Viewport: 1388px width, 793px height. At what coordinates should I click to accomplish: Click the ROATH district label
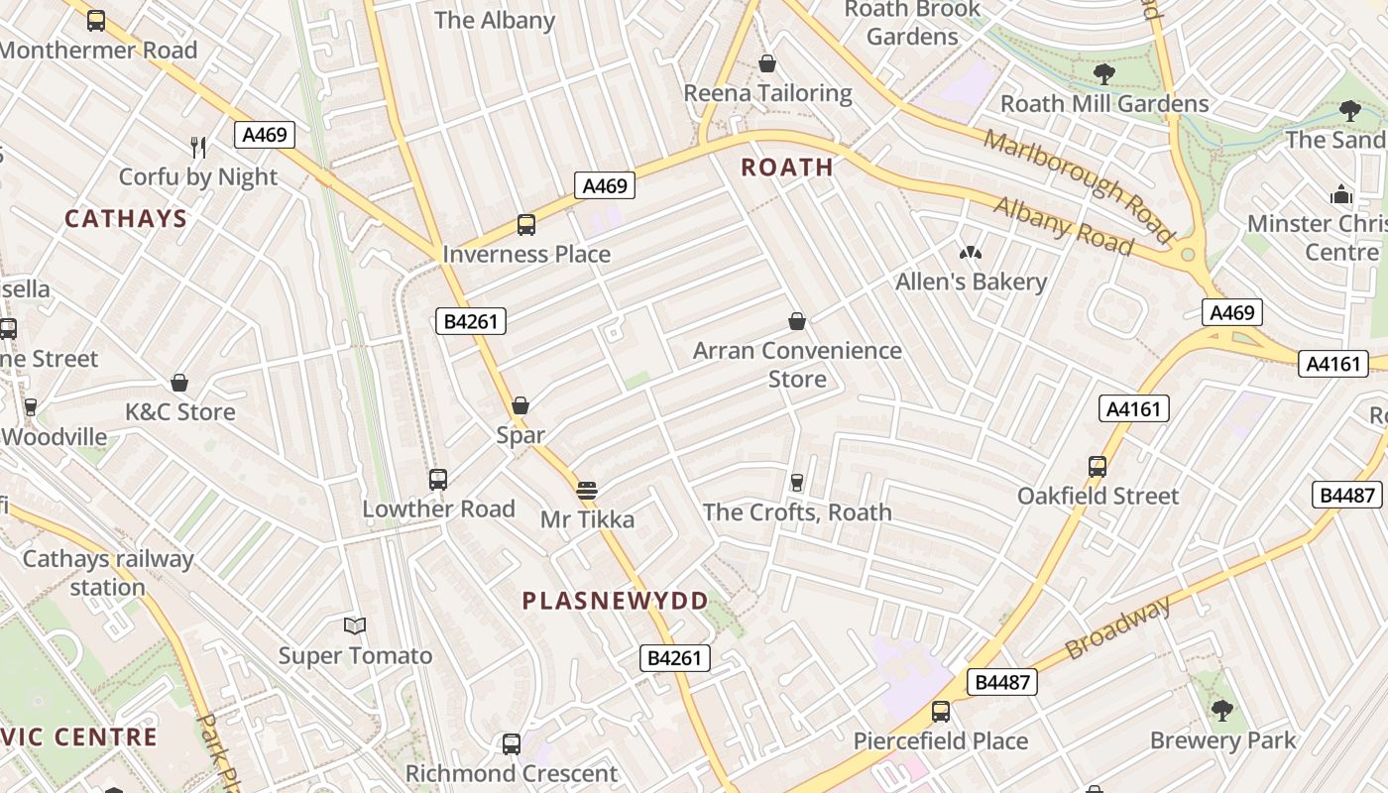click(787, 168)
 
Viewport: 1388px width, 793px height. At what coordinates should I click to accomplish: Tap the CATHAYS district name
click(126, 219)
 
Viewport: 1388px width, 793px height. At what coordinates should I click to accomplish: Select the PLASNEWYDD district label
click(615, 601)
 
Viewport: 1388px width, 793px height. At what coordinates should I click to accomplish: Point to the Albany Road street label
click(1063, 226)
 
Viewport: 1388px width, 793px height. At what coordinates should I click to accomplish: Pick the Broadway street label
click(1118, 628)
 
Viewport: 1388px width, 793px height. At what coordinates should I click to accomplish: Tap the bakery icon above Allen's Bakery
click(970, 254)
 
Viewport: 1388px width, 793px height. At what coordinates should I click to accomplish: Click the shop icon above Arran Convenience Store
click(796, 321)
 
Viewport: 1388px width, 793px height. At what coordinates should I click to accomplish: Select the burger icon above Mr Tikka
click(587, 490)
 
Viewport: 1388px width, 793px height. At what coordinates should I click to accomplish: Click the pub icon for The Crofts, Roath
click(796, 483)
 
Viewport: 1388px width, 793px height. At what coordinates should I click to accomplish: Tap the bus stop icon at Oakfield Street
click(1098, 467)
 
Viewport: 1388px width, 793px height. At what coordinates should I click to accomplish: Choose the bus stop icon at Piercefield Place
click(940, 712)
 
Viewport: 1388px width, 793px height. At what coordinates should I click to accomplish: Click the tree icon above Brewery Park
click(1221, 710)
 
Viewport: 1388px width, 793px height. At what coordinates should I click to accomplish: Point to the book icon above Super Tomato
click(355, 625)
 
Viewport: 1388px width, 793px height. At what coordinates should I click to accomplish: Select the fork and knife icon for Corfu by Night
click(198, 148)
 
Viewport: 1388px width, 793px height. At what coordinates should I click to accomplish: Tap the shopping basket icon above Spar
click(520, 405)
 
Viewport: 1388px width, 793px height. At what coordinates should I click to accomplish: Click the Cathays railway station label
click(107, 573)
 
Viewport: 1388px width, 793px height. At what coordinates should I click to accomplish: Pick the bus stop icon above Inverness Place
click(525, 225)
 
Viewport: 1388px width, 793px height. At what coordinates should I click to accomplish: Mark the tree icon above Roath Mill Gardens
click(1103, 73)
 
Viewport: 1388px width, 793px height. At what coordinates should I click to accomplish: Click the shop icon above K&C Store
click(179, 383)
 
